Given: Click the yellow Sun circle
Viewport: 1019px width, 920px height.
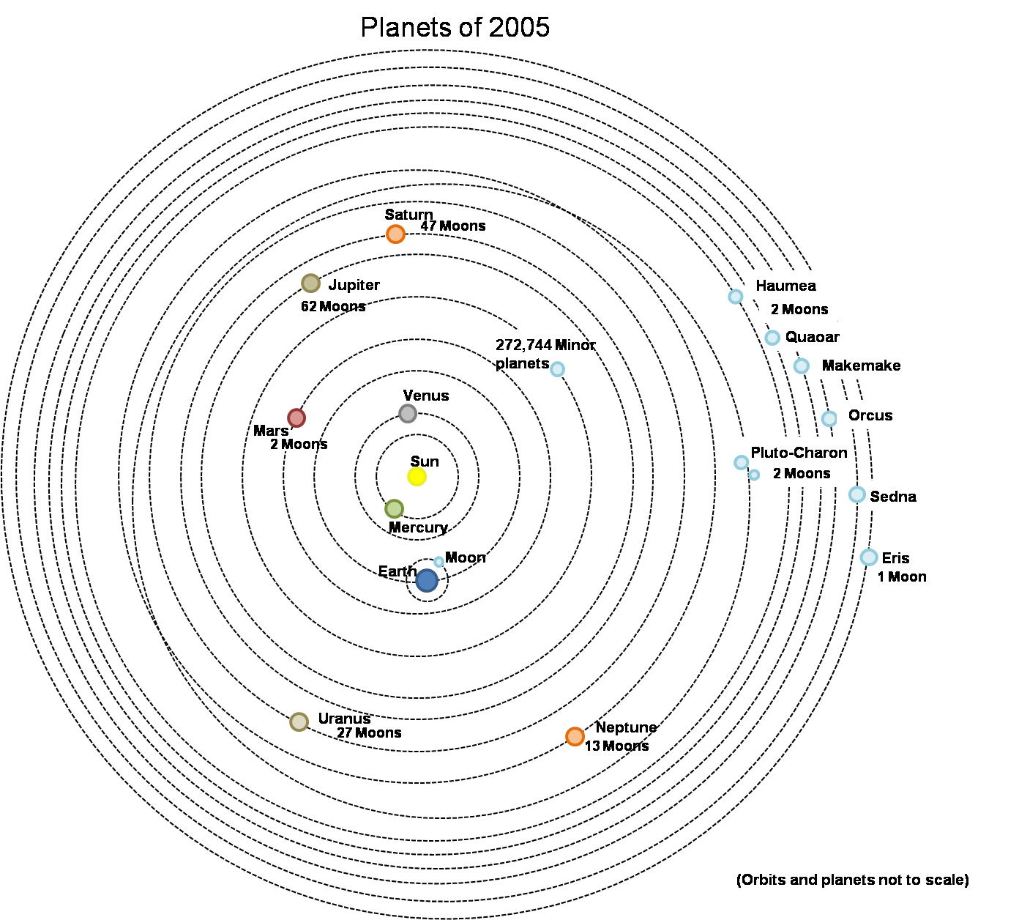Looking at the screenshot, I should (x=417, y=477).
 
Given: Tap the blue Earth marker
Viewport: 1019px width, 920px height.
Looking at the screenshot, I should (x=427, y=581).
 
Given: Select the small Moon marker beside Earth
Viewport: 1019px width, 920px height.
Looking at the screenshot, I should (x=438, y=562).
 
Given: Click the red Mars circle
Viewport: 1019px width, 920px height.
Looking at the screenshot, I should (x=296, y=418).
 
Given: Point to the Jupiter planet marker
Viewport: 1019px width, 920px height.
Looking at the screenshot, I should (x=311, y=283).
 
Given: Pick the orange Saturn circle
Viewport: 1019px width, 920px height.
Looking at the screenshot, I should (x=395, y=234).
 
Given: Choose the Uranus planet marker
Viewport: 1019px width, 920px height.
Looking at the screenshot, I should (x=299, y=721).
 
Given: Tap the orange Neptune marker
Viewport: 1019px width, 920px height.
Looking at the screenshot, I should (x=575, y=736).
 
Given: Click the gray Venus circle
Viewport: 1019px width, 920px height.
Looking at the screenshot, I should (x=408, y=413).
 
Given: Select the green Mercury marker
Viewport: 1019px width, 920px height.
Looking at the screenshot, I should (x=395, y=508).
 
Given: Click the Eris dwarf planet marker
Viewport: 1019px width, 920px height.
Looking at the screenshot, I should (x=868, y=557).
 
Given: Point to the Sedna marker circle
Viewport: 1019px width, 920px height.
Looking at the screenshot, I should (x=856, y=494).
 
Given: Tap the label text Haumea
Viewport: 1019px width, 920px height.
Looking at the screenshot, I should (x=785, y=286).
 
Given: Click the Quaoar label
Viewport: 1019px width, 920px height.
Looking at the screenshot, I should (x=812, y=337).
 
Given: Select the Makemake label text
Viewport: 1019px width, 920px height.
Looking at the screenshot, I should (x=861, y=366).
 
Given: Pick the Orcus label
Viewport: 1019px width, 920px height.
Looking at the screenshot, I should (x=870, y=415).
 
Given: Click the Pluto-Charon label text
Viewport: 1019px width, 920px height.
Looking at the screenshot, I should (x=799, y=453).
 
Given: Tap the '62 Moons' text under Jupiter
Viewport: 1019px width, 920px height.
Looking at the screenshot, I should (x=333, y=306).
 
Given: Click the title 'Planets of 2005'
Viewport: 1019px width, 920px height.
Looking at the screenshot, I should (x=455, y=28).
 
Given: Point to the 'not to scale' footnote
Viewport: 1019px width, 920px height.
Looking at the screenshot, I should (x=852, y=880).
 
